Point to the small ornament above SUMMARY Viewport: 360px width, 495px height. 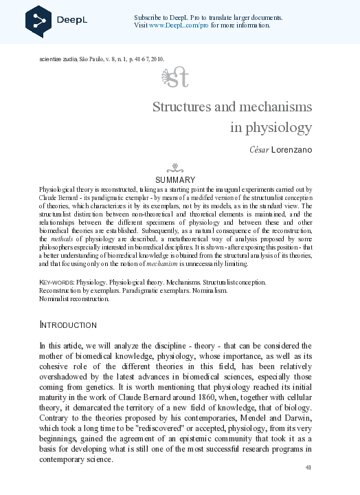pos(176,167)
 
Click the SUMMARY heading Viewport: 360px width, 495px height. pos(176,179)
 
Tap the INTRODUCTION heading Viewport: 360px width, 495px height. pos(68,324)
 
